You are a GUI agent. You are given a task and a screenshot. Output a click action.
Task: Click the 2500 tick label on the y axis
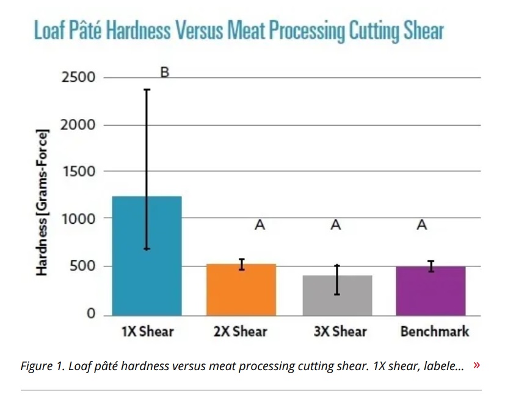point(78,77)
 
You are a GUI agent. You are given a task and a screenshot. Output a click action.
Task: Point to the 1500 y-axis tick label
point(78,172)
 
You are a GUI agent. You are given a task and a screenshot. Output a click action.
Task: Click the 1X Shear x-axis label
point(147,332)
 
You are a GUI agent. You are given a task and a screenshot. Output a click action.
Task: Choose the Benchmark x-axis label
point(435,332)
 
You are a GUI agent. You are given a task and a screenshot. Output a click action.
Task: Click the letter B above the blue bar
point(164,73)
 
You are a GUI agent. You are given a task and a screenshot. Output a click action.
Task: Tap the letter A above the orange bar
point(260,225)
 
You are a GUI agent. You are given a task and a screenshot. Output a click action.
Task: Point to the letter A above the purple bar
point(421,225)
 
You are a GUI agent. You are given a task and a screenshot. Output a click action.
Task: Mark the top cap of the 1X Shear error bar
point(147,90)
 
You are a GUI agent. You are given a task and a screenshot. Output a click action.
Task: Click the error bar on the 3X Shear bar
point(337,280)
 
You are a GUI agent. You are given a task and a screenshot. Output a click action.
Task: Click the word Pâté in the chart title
point(84,30)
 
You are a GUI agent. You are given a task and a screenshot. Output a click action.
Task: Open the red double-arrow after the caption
point(476,365)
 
